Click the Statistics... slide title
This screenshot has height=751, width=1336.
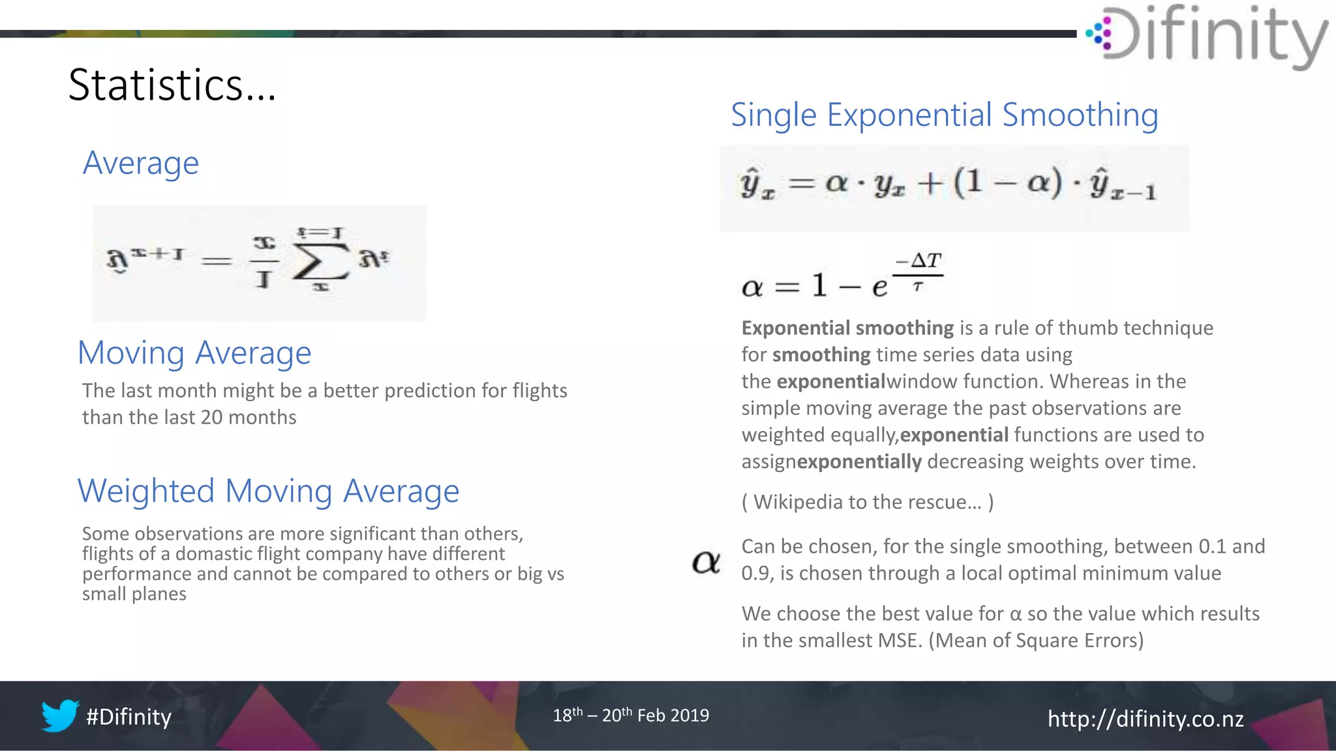172,85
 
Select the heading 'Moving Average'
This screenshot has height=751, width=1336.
194,353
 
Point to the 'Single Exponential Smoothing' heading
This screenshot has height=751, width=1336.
944,115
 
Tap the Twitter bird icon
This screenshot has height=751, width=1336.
59,716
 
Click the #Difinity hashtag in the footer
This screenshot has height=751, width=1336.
129,717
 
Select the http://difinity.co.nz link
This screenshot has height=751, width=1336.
1145,719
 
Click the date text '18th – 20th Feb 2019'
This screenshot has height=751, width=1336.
630,715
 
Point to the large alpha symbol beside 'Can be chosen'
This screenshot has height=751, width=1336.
706,561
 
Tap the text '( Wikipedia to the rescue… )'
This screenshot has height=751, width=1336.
867,502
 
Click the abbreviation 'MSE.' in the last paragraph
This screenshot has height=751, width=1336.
900,640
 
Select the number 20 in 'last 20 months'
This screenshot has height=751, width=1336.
212,417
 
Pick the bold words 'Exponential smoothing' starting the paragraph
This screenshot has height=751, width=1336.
847,328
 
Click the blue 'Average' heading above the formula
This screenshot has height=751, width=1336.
140,163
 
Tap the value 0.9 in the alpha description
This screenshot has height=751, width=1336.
755,574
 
